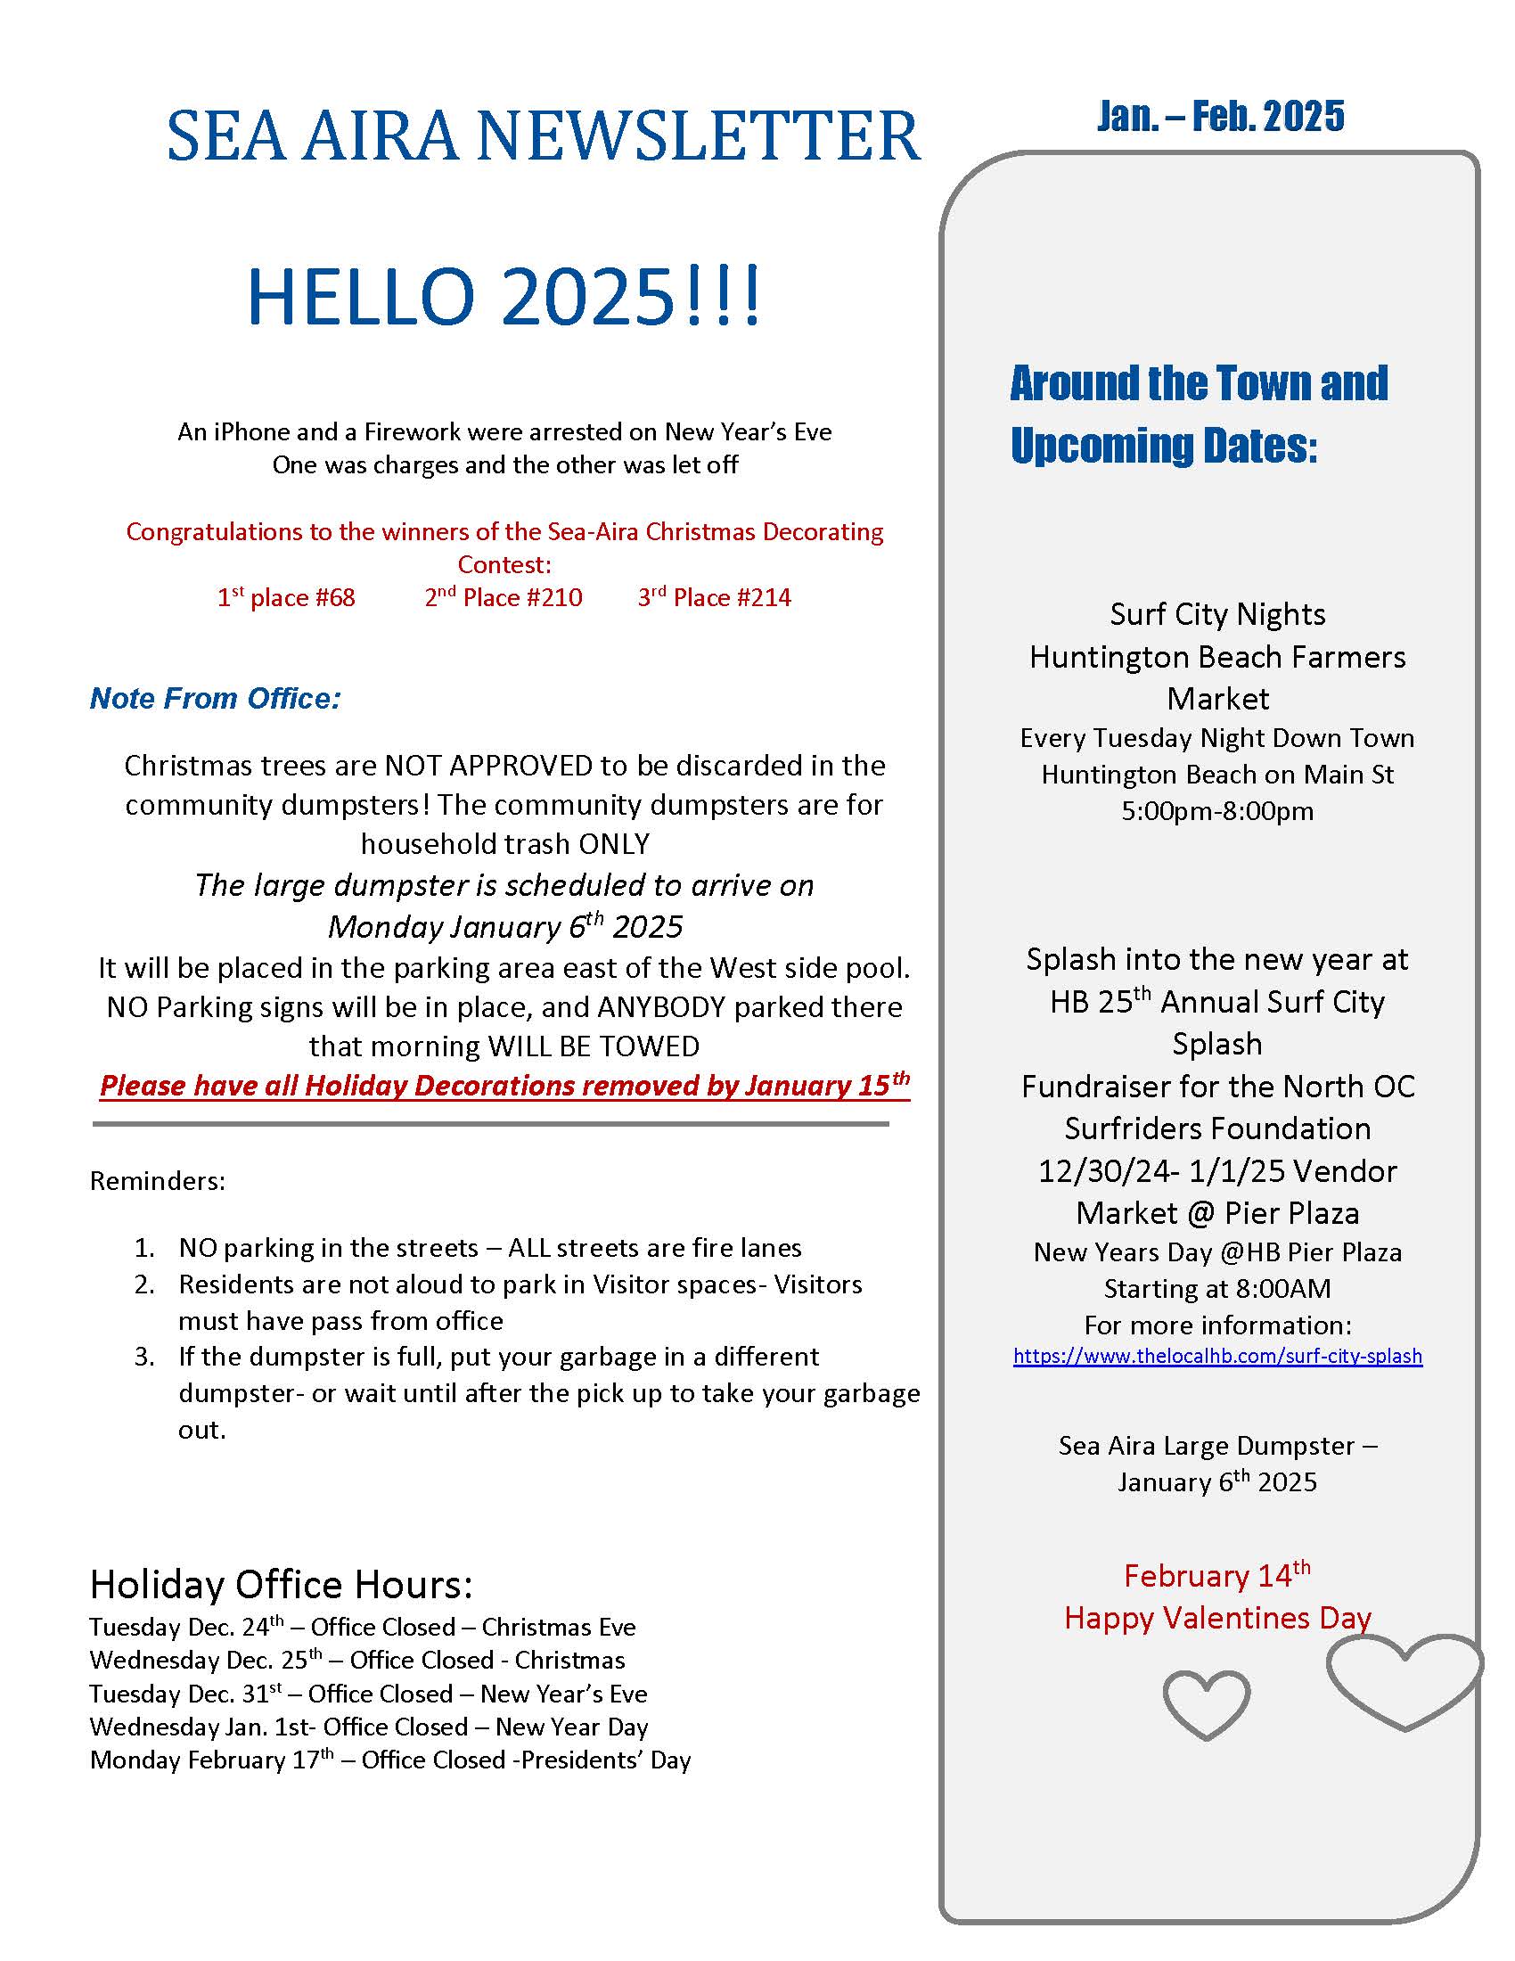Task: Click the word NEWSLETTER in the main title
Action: pos(698,136)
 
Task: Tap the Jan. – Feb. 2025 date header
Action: pos(1220,116)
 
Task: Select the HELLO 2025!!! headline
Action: pos(504,295)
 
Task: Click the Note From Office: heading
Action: pos(216,699)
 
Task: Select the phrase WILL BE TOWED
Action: pos(593,1047)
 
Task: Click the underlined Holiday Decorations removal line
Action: pos(504,1086)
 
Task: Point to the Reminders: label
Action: pos(157,1181)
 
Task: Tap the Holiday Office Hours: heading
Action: pos(281,1586)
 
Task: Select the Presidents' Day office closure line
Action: pos(390,1760)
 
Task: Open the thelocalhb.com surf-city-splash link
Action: pos(1217,1356)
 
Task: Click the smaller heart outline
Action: pos(1206,1705)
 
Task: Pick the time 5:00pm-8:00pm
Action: pos(1217,812)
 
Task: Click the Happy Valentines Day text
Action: pos(1217,1618)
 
